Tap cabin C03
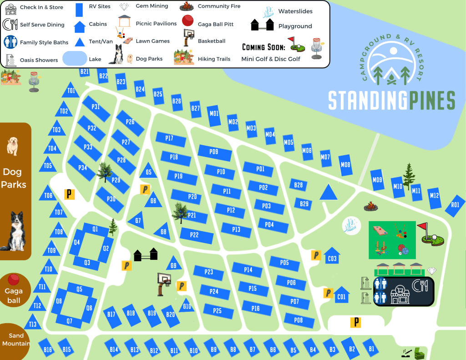(332, 257)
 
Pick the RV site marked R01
(455, 205)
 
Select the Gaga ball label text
(14, 296)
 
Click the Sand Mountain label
(16, 340)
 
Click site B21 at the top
(85, 72)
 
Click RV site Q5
(80, 289)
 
